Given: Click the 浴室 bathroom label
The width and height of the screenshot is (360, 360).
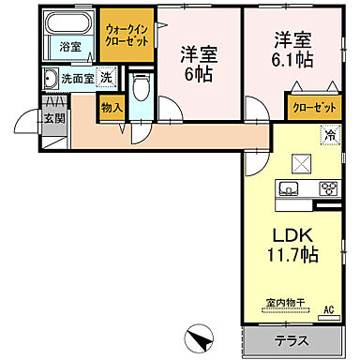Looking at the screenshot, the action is pos(69,46).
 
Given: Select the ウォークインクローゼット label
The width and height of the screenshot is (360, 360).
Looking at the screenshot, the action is pos(127,36).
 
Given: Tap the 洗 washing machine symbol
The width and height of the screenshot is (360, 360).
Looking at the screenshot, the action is pos(107,79).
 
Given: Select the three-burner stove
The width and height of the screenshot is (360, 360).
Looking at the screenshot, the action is pos(327,189).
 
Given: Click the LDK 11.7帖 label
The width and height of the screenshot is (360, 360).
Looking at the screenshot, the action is pos(292,243).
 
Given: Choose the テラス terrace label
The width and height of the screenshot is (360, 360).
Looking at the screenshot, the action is pos(292,340).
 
